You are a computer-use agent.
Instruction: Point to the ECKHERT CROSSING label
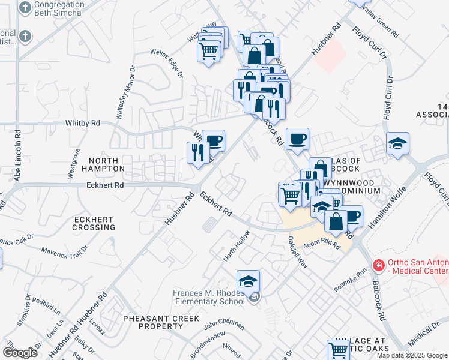(x=94, y=223)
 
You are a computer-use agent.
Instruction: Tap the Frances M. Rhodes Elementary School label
(x=208, y=296)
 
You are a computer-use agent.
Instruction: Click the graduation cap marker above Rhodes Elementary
(x=248, y=281)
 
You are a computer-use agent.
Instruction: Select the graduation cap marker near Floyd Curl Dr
(x=397, y=143)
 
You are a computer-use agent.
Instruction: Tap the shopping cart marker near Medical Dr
(x=338, y=349)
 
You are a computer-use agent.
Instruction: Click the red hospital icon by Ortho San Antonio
(x=379, y=265)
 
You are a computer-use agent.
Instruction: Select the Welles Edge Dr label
(x=167, y=64)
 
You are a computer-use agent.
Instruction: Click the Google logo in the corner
(x=20, y=353)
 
